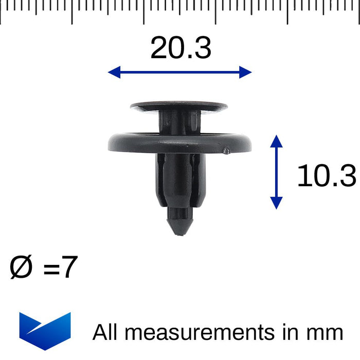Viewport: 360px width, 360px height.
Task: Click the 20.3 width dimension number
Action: [x=181, y=49]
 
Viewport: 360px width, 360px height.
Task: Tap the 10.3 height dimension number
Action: [x=327, y=176]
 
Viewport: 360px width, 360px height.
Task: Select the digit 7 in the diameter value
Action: [x=69, y=268]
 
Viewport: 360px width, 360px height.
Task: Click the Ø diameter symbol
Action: [x=21, y=268]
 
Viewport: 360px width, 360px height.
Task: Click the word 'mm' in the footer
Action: [x=326, y=332]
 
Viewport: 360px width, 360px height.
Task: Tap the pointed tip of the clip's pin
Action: [x=178, y=232]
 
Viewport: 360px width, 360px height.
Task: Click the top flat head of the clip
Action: [x=178, y=107]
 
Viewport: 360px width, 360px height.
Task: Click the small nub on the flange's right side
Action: [x=226, y=151]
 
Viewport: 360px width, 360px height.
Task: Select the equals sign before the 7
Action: [x=51, y=270]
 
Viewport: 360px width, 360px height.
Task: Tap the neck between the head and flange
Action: [x=179, y=122]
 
